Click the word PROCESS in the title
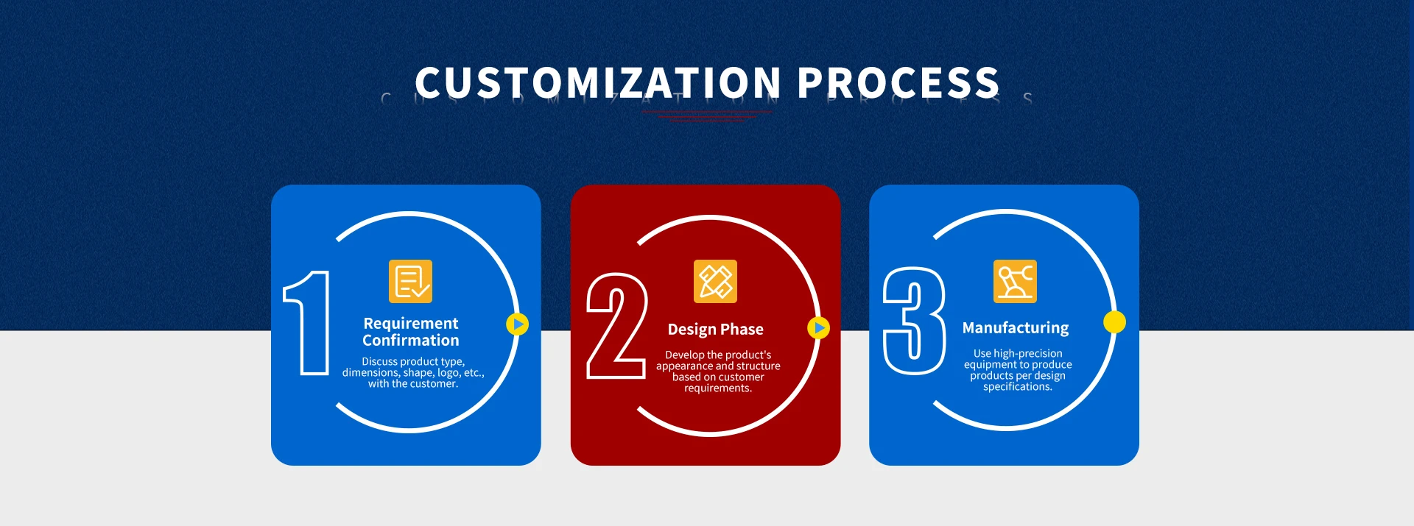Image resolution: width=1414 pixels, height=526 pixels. pyautogui.click(x=898, y=82)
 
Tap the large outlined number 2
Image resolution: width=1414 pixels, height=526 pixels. pyautogui.click(x=616, y=325)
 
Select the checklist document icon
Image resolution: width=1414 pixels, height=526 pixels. pyautogui.click(x=410, y=281)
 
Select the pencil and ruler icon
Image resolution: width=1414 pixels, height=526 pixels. pyautogui.click(x=715, y=281)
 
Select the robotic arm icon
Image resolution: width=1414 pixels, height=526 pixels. pyautogui.click(x=1015, y=281)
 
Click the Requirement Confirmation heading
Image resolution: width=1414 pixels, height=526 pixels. pyautogui.click(x=411, y=332)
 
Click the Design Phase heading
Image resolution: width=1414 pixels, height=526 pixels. pyautogui.click(x=716, y=330)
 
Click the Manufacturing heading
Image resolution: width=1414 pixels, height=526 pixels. pyautogui.click(x=1016, y=328)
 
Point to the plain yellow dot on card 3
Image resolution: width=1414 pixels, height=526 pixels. pyautogui.click(x=1114, y=322)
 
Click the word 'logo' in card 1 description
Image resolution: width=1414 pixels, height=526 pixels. pyautogui.click(x=448, y=373)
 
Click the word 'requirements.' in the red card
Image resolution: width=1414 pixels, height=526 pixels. pyautogui.click(x=718, y=388)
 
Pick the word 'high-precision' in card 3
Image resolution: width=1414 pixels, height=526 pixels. pyautogui.click(x=1028, y=354)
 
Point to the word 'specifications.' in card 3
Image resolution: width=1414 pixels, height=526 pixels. pyautogui.click(x=1018, y=387)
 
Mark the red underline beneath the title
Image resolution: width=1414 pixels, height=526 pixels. pyautogui.click(x=706, y=115)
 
